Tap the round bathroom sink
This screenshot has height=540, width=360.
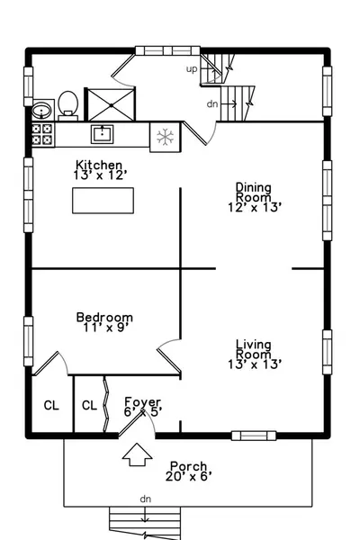click(41, 111)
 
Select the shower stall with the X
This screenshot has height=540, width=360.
click(111, 104)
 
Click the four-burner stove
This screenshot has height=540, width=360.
click(42, 134)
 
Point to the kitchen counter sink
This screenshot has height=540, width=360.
click(102, 134)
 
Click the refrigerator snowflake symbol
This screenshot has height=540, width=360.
click(165, 137)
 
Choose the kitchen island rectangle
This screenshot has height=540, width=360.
click(103, 201)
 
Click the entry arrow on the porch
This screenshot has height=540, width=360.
click(137, 454)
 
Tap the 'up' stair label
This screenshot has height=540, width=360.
click(192, 69)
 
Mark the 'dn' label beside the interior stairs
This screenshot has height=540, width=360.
click(212, 103)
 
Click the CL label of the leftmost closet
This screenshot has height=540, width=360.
click(51, 405)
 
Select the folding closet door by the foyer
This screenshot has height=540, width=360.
click(106, 404)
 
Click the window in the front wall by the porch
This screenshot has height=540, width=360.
click(254, 436)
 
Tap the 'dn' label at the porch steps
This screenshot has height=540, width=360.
click(146, 499)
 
